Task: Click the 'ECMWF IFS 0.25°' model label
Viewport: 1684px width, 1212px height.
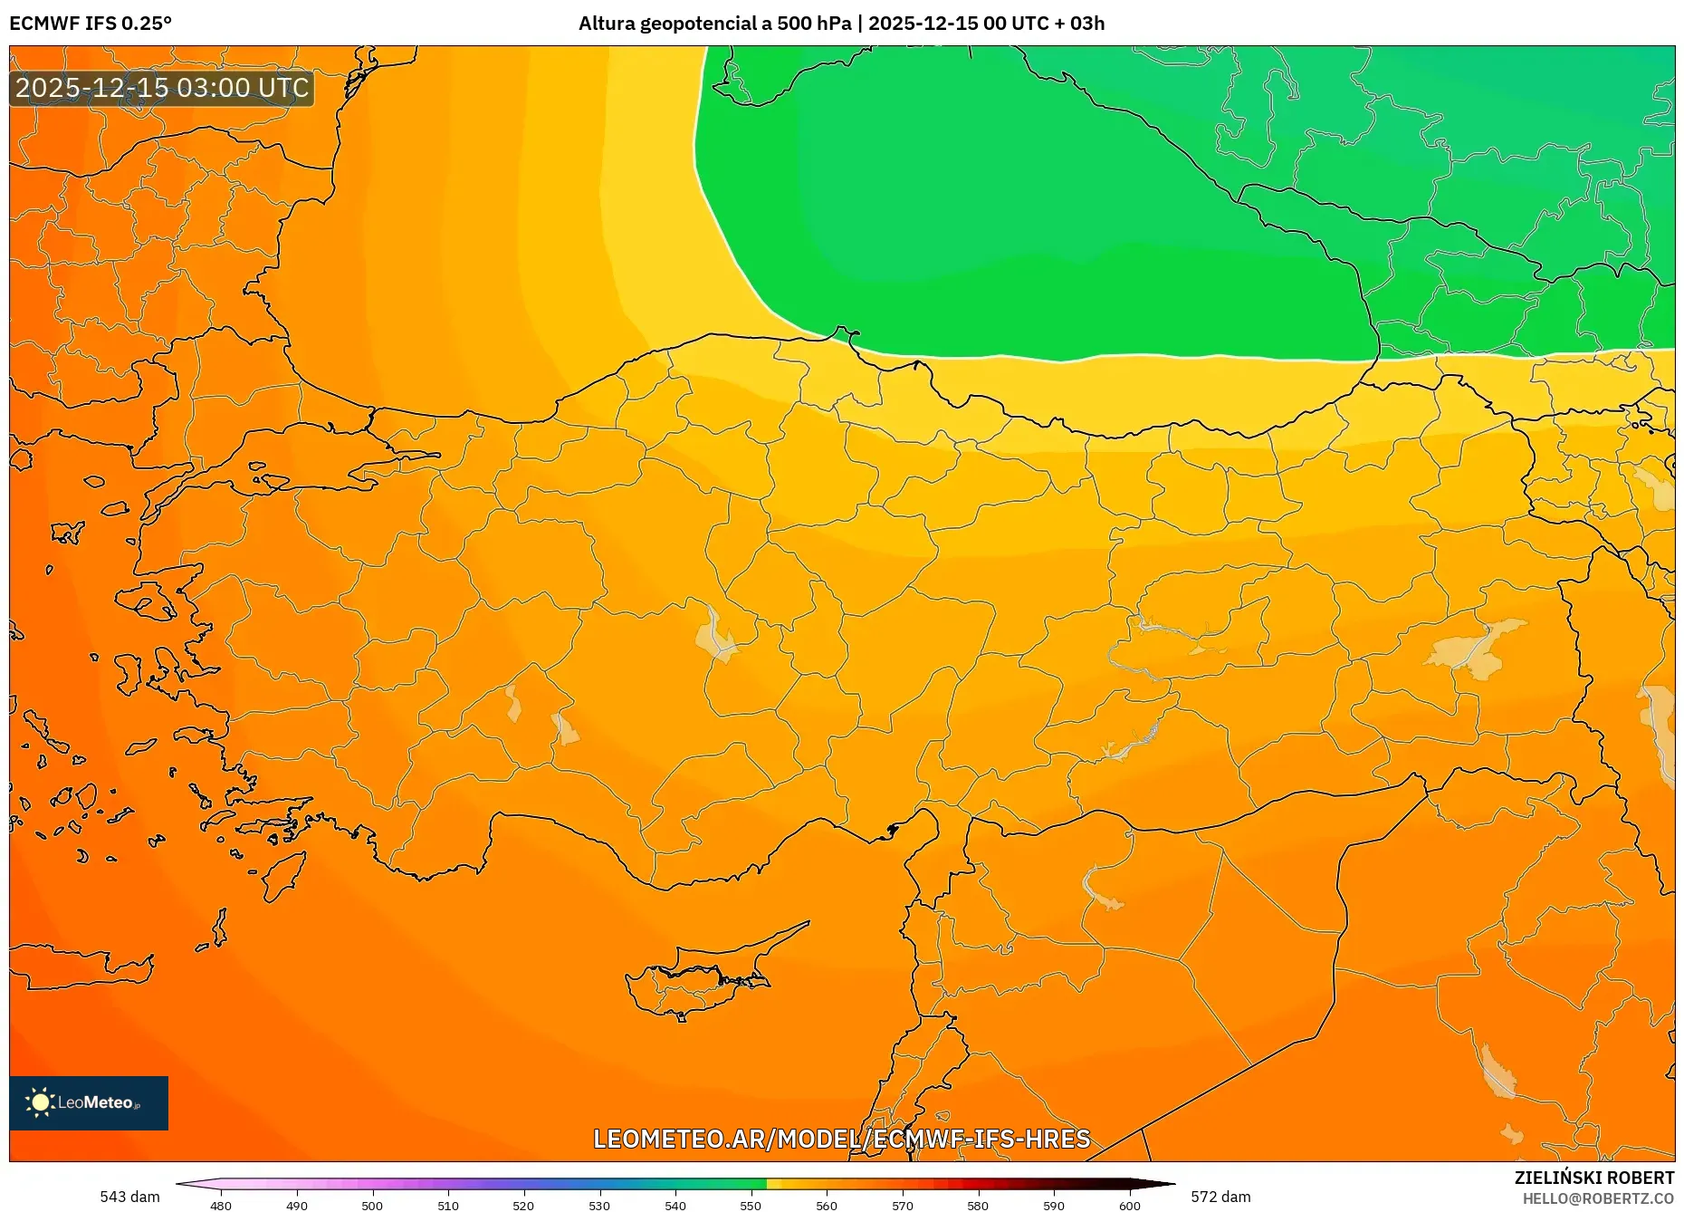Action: point(91,24)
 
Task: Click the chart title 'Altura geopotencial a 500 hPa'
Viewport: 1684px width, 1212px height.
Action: point(714,24)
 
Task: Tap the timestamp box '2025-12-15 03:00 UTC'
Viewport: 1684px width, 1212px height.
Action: point(162,88)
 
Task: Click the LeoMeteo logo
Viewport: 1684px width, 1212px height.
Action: point(89,1102)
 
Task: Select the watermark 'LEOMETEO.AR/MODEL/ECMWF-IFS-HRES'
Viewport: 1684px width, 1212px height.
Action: point(841,1139)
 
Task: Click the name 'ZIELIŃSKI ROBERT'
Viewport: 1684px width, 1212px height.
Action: point(1593,1178)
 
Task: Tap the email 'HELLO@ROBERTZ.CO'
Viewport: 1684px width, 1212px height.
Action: point(1597,1198)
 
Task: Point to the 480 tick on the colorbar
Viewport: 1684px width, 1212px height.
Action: point(221,1205)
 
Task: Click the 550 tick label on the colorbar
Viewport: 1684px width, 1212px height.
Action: point(751,1205)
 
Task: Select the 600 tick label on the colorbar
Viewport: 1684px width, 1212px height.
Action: point(1129,1205)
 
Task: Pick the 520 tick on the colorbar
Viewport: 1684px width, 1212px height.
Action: point(523,1205)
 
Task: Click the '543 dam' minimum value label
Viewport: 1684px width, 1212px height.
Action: point(129,1197)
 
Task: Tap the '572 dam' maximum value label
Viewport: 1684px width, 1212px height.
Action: point(1220,1197)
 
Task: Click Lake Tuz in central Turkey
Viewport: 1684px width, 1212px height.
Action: point(715,634)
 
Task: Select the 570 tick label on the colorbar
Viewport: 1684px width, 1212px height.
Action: point(902,1205)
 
